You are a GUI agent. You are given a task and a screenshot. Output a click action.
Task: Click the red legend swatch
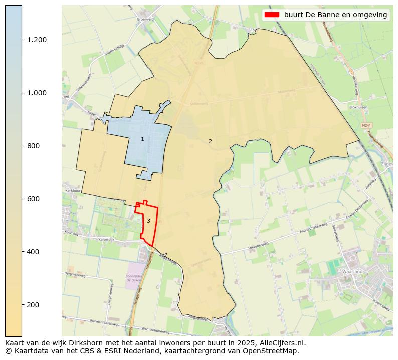tap(272, 15)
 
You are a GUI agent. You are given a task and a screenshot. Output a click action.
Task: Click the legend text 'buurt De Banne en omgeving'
tap(335, 15)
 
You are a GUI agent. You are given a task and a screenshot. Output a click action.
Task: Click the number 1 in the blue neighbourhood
tap(142, 139)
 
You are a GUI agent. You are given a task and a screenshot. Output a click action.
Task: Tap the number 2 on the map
tap(210, 141)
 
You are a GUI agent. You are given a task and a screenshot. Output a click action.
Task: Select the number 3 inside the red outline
tap(148, 221)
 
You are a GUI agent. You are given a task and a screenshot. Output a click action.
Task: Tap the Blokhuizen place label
tap(359, 107)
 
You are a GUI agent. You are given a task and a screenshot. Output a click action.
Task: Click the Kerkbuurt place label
tap(73, 191)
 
